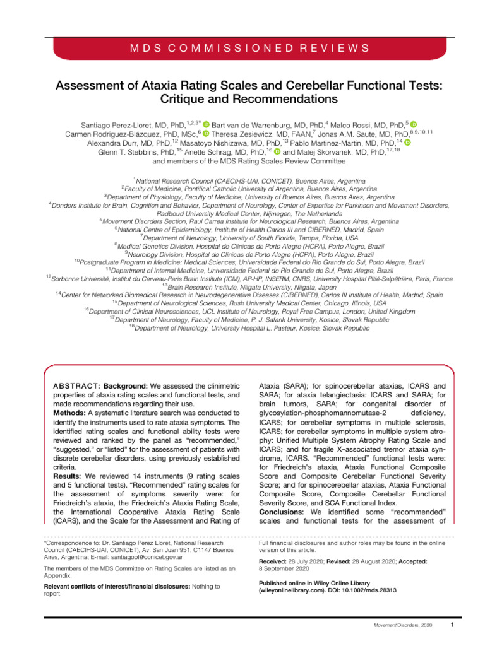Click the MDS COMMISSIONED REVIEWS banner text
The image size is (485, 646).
[x=242, y=47]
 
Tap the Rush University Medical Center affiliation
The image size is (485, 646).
[x=242, y=303]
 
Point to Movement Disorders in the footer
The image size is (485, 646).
[x=389, y=626]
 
